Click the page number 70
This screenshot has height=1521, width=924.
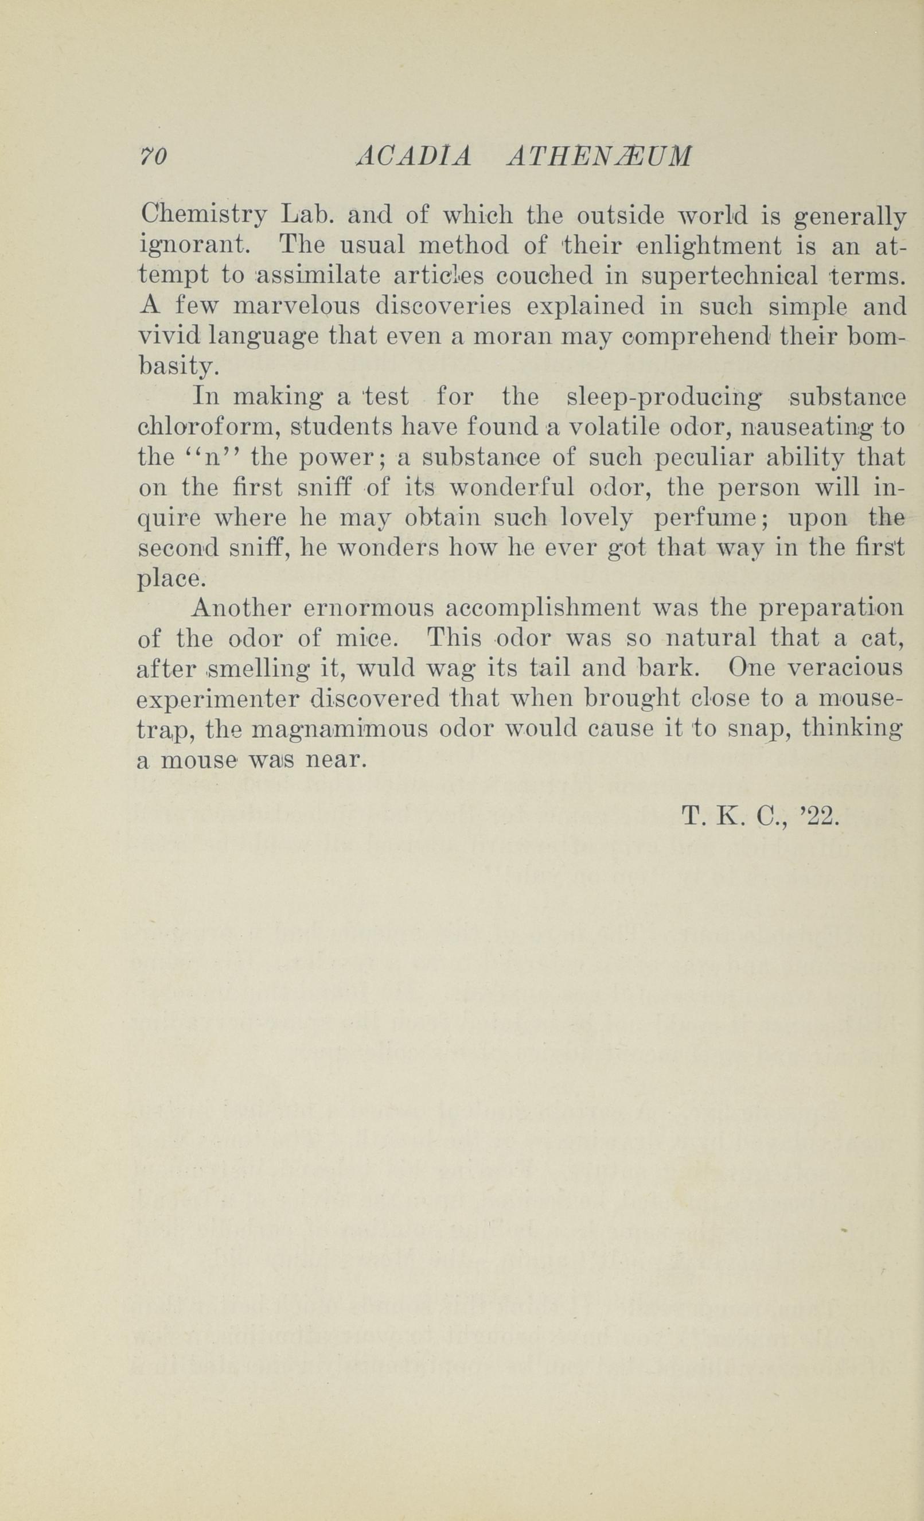pyautogui.click(x=153, y=157)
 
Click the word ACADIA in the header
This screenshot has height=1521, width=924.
pyautogui.click(x=414, y=157)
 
